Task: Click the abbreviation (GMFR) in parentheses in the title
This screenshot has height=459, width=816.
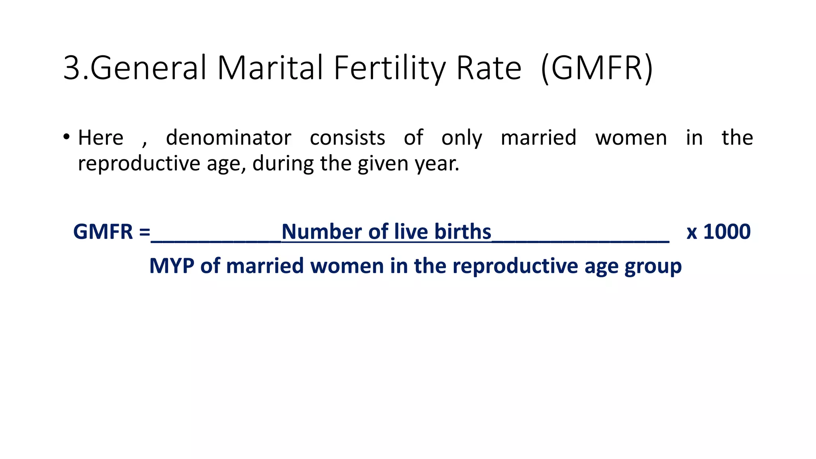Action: pos(597,68)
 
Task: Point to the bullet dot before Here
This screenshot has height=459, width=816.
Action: pos(66,137)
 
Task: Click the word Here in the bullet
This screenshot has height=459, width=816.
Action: pos(101,138)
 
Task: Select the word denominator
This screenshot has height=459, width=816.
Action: pos(229,138)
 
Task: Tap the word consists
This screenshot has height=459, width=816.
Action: pos(347,138)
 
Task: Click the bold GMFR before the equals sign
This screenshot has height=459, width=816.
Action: pos(103,231)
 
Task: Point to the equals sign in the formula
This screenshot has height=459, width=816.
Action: pos(145,232)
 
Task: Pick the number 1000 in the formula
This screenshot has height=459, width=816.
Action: pos(727,231)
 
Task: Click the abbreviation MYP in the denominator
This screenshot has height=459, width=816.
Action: pos(172,266)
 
